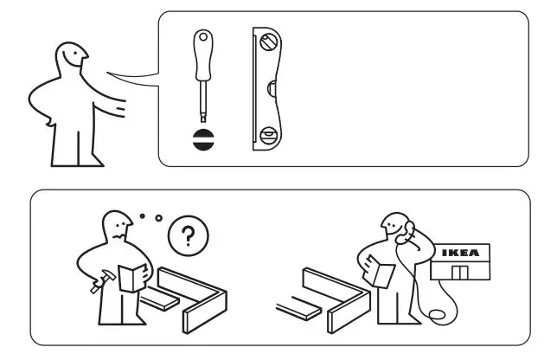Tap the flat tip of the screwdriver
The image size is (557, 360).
click(204, 119)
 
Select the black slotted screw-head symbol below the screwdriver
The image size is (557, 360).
click(204, 141)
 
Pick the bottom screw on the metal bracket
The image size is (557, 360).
click(268, 134)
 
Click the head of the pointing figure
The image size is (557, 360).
click(68, 60)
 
